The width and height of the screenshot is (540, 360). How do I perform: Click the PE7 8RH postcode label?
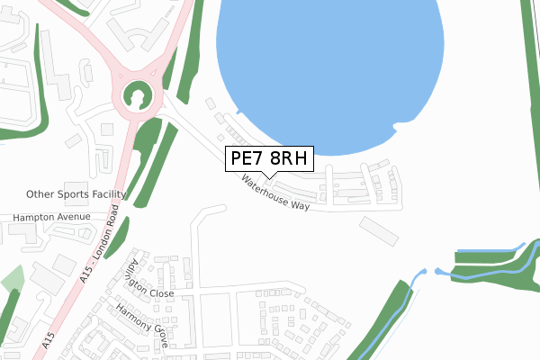269,159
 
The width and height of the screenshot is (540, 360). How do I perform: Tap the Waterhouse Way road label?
274,192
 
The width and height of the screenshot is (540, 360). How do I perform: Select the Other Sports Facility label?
76,193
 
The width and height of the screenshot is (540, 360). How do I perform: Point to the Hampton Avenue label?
51,217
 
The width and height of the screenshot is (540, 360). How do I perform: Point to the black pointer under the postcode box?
269,174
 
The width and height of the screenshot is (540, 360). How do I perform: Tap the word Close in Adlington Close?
162,292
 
